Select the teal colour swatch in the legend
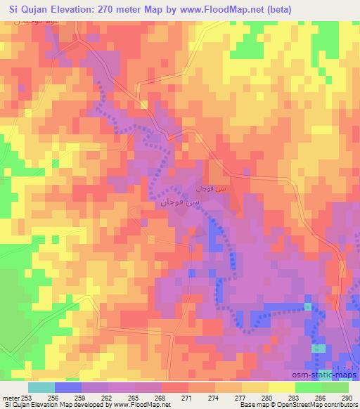[41, 387]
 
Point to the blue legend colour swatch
[68, 387]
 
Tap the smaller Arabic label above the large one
[211, 190]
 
